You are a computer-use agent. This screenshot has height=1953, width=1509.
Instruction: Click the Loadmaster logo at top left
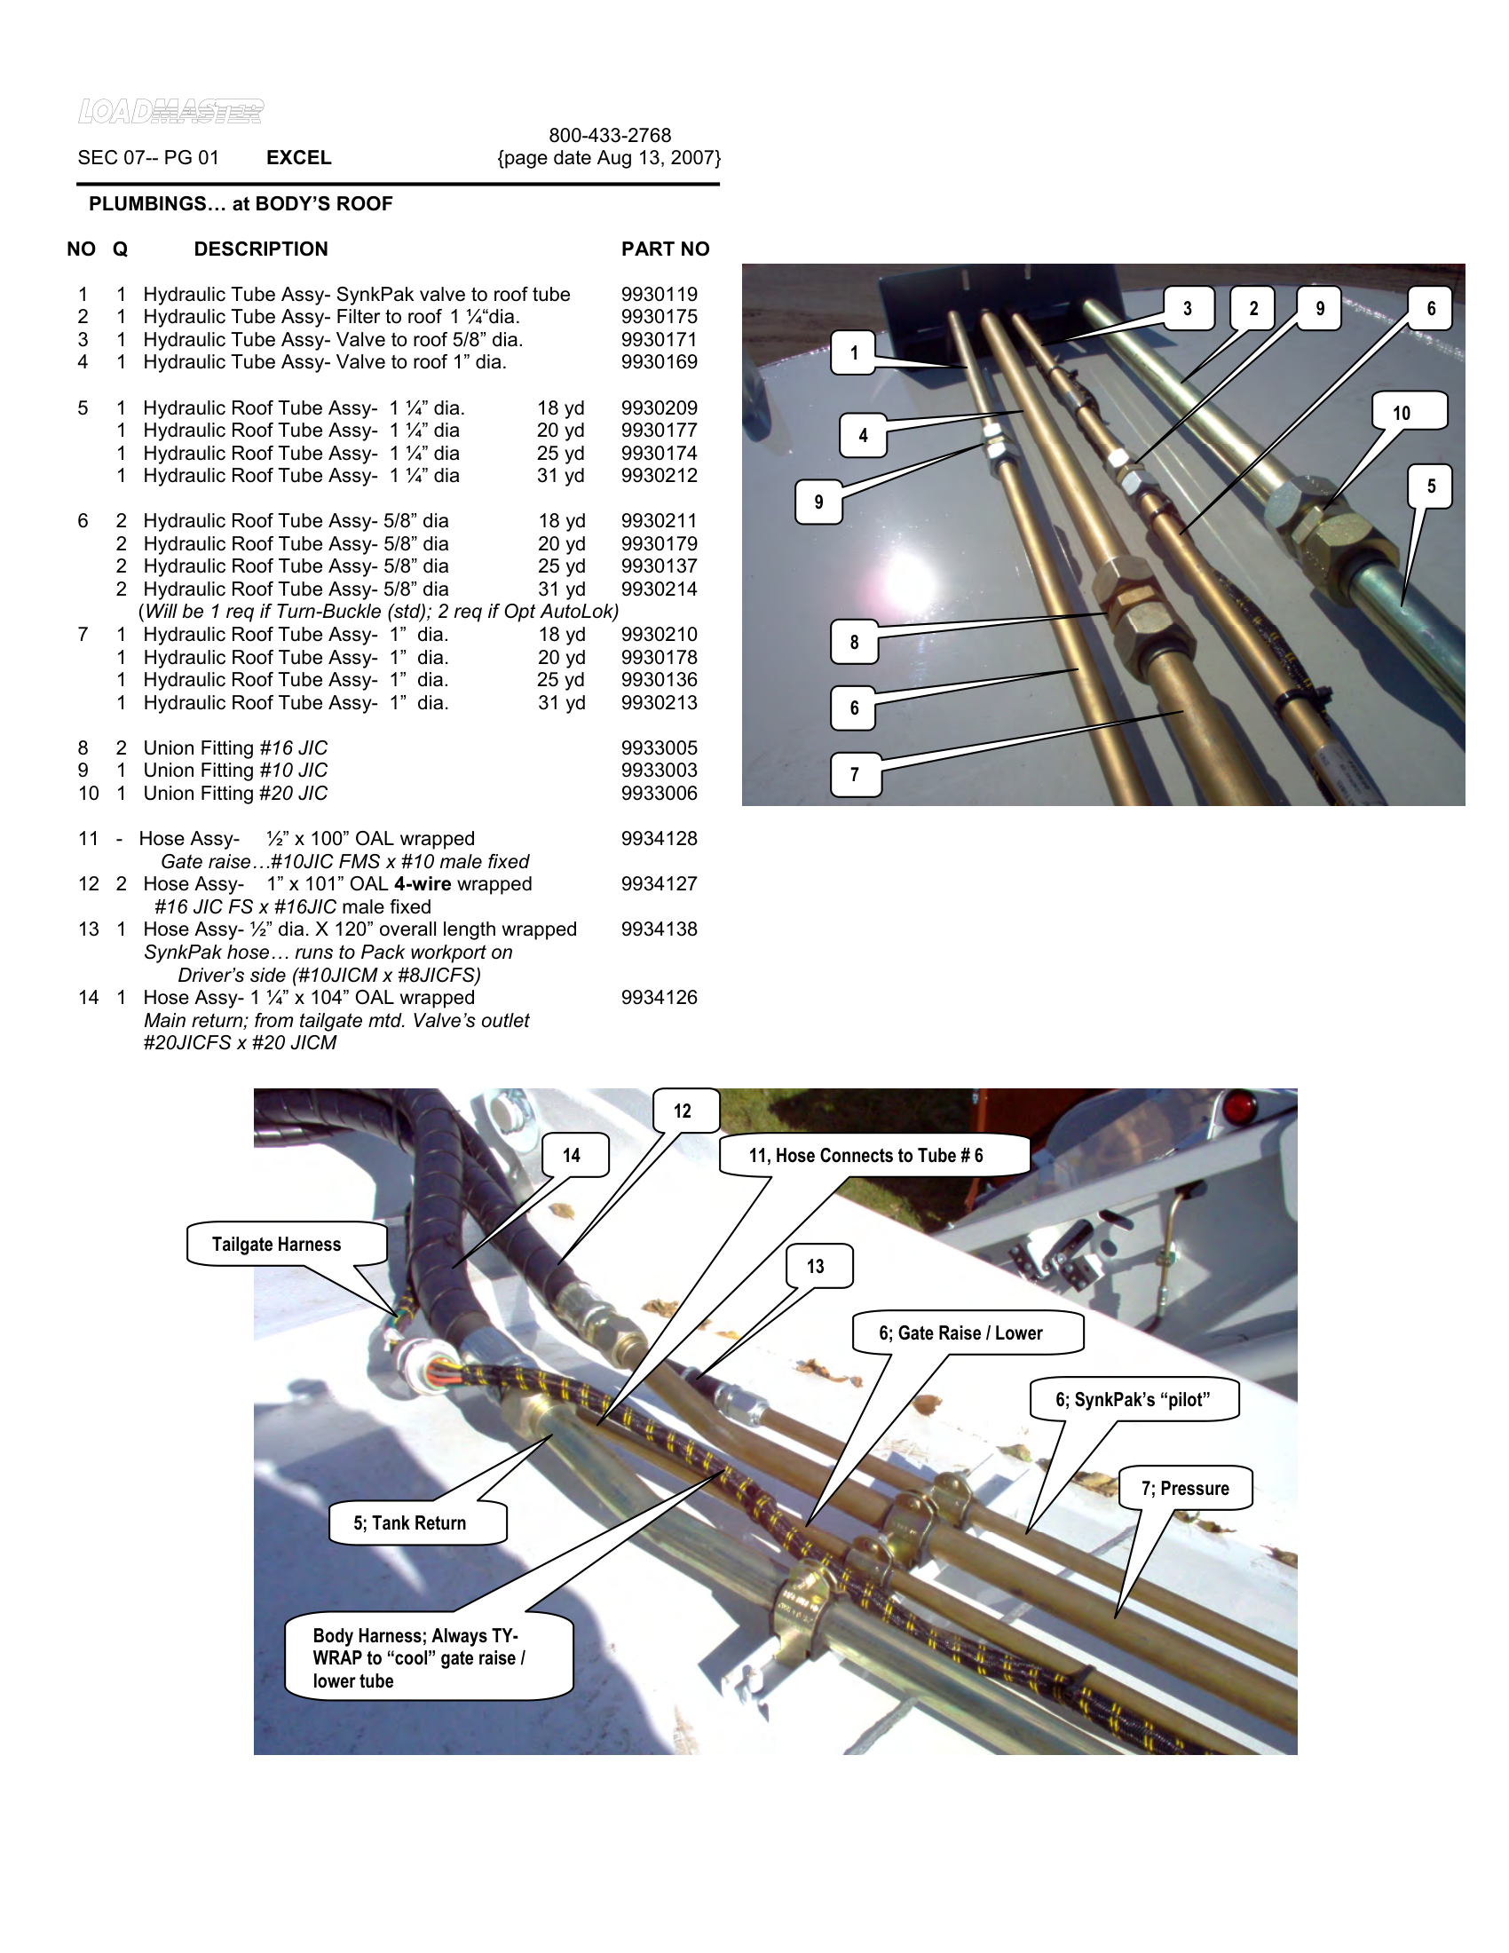pyautogui.click(x=170, y=111)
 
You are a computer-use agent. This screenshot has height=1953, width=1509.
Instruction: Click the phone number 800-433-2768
pyautogui.click(x=610, y=135)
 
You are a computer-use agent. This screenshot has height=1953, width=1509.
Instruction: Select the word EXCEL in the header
pyautogui.click(x=298, y=157)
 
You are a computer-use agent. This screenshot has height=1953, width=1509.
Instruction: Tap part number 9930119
pyautogui.click(x=659, y=294)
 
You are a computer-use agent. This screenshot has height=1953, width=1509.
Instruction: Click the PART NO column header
pyautogui.click(x=665, y=249)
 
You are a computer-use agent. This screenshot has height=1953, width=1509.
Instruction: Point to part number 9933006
pyautogui.click(x=659, y=793)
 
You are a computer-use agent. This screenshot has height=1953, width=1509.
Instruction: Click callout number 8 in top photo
pyautogui.click(x=854, y=641)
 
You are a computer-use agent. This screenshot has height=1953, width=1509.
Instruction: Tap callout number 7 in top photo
pyautogui.click(x=855, y=774)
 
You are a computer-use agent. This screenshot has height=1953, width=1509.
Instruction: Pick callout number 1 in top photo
pyautogui.click(x=854, y=352)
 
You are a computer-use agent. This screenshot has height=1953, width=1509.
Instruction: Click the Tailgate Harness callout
pyautogui.click(x=277, y=1244)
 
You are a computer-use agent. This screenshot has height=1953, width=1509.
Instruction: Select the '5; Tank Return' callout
pyautogui.click(x=409, y=1522)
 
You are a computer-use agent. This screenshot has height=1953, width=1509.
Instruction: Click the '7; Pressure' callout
pyautogui.click(x=1184, y=1488)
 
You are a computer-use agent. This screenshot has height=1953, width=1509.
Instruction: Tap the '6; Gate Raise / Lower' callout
pyautogui.click(x=961, y=1332)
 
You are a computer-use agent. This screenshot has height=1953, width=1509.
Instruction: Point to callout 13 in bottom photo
pyautogui.click(x=815, y=1266)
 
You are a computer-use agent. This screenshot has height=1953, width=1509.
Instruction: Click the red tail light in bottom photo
pyautogui.click(x=1238, y=1106)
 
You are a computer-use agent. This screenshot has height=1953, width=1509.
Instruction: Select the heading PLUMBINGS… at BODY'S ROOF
pyautogui.click(x=241, y=204)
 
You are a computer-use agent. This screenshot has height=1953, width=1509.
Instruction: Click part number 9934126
pyautogui.click(x=659, y=997)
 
